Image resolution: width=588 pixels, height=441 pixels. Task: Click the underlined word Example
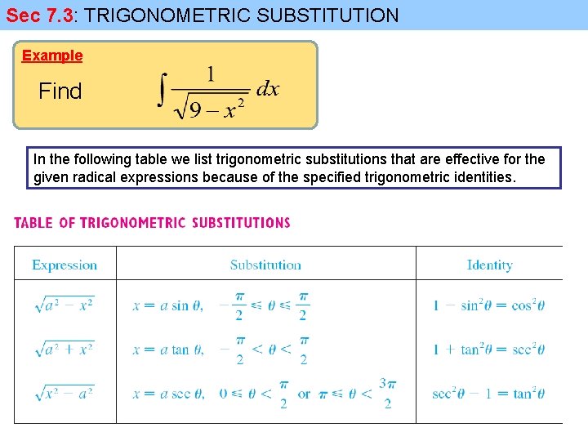pos(52,56)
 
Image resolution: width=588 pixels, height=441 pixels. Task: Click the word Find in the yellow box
pos(60,91)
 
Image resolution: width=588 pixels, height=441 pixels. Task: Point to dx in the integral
pos(267,89)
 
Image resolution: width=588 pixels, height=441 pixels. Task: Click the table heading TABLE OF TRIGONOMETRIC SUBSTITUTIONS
pos(152,222)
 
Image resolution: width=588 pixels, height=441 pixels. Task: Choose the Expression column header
pos(65,265)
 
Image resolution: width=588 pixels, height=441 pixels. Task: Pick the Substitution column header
pos(265,265)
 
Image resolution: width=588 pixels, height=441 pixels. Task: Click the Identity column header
pos(489,265)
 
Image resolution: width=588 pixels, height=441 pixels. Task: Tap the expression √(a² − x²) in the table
pos(65,305)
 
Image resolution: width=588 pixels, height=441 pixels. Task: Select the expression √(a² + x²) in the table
pos(65,349)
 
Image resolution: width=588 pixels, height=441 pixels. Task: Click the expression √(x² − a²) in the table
pos(65,393)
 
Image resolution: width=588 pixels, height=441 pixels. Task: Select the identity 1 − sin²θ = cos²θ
pos(488,306)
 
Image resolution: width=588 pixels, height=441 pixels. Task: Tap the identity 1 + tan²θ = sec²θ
pos(488,350)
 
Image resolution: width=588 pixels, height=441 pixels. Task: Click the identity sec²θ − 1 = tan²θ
pos(488,394)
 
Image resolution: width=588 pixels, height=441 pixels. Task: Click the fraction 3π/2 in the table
pos(387,393)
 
